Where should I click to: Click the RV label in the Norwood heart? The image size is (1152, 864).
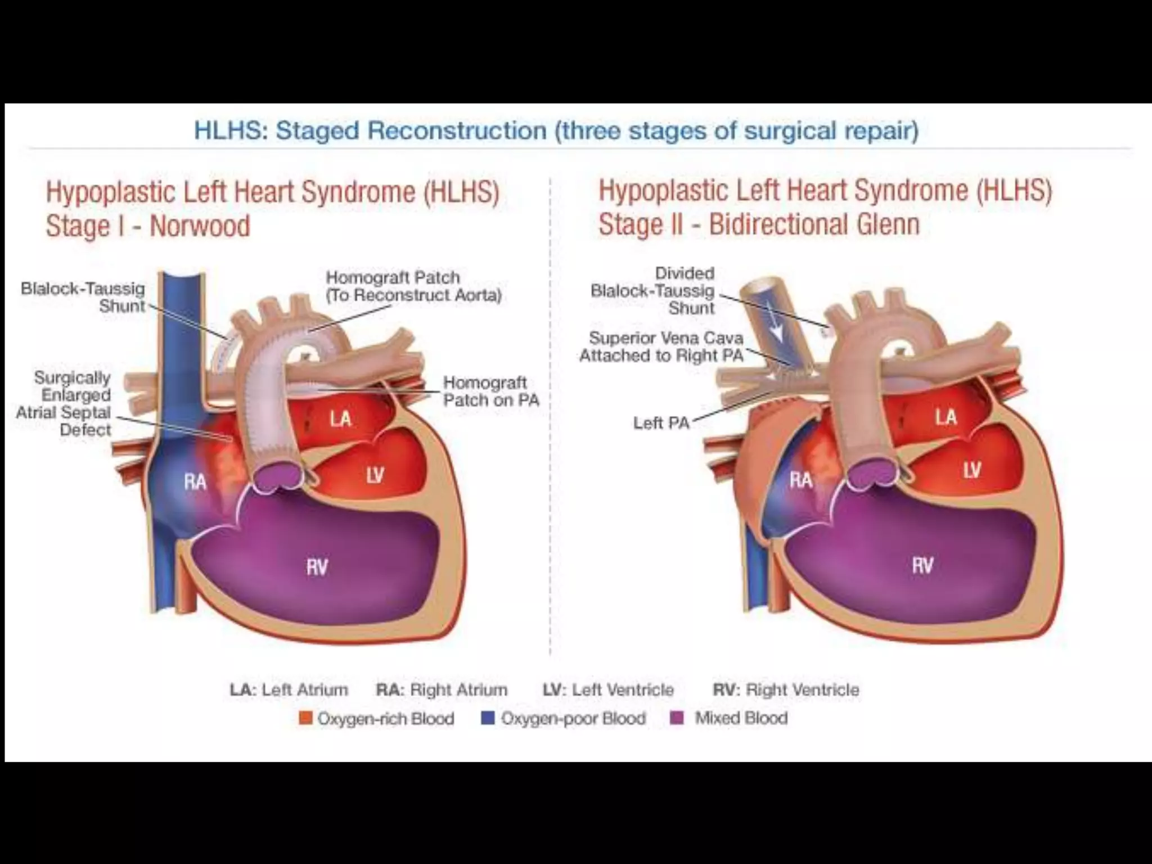click(x=317, y=567)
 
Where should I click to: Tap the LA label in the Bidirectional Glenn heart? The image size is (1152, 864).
click(x=946, y=417)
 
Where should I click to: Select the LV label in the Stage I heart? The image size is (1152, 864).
click(x=375, y=475)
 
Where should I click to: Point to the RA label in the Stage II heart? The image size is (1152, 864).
click(x=800, y=480)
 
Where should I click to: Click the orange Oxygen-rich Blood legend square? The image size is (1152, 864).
click(x=305, y=718)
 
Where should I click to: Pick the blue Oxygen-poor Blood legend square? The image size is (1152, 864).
click(x=488, y=718)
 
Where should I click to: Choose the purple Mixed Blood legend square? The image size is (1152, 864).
click(x=677, y=718)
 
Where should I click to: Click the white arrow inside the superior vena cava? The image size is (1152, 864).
click(x=776, y=325)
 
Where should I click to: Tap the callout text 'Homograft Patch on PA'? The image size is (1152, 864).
click(x=490, y=391)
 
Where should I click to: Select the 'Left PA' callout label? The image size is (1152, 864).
click(x=661, y=423)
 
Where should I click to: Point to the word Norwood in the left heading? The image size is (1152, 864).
click(x=200, y=226)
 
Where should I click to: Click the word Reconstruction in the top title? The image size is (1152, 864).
click(x=457, y=130)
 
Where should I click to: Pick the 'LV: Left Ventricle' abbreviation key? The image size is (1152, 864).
click(x=608, y=690)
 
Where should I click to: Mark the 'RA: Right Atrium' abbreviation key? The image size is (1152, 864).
click(x=442, y=690)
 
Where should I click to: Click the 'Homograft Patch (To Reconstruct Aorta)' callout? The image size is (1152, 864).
click(x=413, y=286)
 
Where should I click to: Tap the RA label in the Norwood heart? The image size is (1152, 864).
click(x=195, y=482)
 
